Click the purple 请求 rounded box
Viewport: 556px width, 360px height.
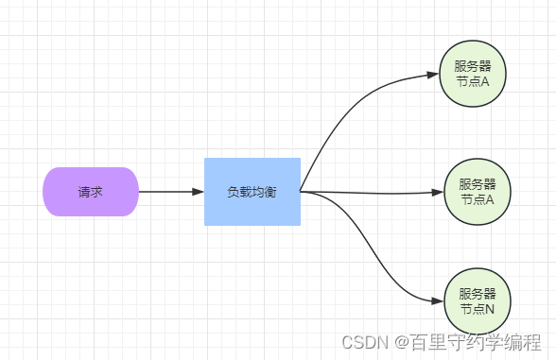point(91,192)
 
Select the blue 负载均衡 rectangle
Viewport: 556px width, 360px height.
point(252,192)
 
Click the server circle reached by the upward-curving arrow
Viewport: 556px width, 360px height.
point(473,75)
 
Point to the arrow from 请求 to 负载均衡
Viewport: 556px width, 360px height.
point(170,192)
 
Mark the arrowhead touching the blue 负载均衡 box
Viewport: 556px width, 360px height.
point(198,192)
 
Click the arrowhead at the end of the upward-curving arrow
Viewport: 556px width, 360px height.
point(434,76)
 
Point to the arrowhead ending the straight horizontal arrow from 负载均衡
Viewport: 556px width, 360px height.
point(437,192)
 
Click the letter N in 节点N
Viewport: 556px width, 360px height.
point(489,310)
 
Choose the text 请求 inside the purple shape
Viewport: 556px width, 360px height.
point(91,192)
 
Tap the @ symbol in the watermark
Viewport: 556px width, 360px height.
point(401,342)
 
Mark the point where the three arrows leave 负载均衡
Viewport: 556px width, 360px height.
point(302,192)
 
